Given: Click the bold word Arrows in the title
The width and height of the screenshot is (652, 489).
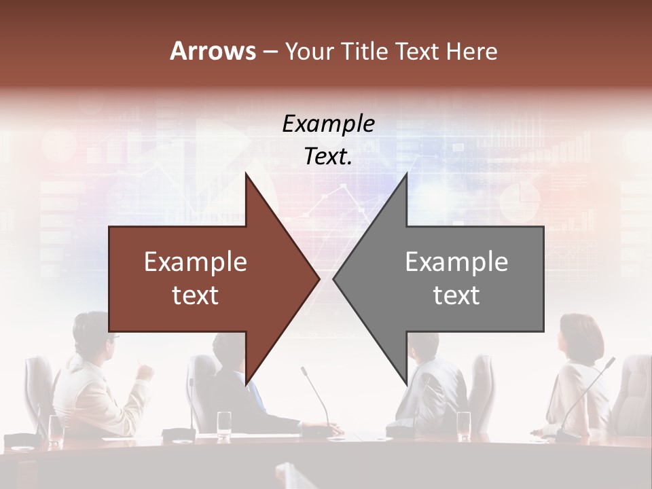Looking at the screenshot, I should click(213, 51).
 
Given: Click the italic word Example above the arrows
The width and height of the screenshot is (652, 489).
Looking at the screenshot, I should click(328, 124).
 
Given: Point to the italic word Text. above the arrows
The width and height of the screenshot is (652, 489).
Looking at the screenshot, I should click(328, 157).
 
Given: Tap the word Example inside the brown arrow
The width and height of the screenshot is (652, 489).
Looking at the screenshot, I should click(196, 262).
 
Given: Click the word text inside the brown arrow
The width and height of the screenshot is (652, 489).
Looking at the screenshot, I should click(196, 295).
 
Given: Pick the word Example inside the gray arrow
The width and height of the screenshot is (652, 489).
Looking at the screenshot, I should click(456, 262).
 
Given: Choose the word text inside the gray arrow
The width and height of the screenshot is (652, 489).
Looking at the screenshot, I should click(456, 295).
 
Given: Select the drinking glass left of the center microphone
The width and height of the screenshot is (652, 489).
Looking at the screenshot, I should click(224, 424).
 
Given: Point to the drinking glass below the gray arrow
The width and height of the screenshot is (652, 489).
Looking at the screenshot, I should click(464, 424).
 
